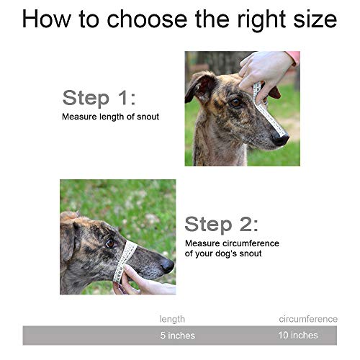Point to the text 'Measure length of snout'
110,117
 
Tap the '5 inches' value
177,336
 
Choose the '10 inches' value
297,336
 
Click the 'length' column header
172,318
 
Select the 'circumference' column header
308,318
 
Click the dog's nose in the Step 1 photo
282,139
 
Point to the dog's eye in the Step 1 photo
235,102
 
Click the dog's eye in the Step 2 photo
109,243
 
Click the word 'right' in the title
239,19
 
